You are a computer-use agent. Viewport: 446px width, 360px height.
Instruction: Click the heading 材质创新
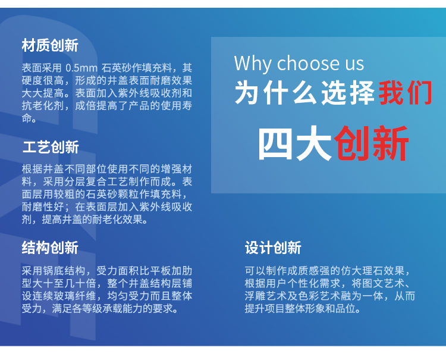(x=50, y=46)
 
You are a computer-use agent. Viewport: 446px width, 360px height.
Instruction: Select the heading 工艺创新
(x=51, y=147)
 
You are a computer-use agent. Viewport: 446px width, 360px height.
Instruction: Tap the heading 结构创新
(x=50, y=248)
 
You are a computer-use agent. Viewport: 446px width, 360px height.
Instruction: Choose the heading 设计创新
(x=273, y=248)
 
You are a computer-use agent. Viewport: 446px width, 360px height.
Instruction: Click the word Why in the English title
(x=253, y=64)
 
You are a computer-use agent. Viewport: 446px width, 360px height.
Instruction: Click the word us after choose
(x=354, y=65)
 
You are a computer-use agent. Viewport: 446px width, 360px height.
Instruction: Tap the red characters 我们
(x=406, y=93)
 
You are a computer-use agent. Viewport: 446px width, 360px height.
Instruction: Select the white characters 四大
(x=295, y=143)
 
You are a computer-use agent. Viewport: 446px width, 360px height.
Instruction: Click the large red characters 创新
(x=372, y=143)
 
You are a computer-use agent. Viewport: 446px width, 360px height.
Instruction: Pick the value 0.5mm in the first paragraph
(x=81, y=68)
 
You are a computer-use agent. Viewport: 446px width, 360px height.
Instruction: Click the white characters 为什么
(x=275, y=93)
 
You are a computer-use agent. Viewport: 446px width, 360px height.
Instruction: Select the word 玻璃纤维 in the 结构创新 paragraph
(x=75, y=296)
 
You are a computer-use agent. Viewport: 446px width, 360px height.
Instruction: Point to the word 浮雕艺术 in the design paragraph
(x=266, y=296)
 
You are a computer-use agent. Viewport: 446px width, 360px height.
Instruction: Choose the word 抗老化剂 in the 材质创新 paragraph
(x=43, y=106)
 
